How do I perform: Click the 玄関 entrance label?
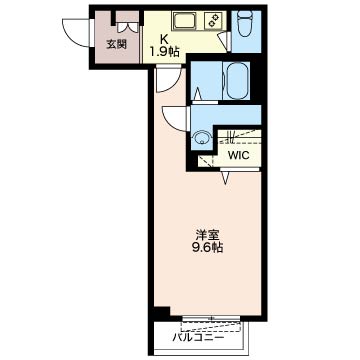(117, 44)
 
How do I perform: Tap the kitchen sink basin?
(186, 21)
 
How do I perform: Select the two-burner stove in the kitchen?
(213, 21)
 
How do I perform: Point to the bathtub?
(238, 80)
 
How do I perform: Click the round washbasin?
(201, 138)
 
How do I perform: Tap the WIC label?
(238, 155)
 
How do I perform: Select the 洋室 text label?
(207, 235)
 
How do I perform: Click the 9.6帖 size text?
(207, 248)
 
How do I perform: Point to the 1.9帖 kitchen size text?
(164, 52)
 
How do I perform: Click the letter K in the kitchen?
(164, 40)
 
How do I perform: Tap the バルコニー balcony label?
(198, 338)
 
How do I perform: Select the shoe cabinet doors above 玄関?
(127, 27)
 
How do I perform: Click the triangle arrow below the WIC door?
(226, 177)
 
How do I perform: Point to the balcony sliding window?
(211, 318)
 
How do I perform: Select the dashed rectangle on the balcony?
(211, 326)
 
